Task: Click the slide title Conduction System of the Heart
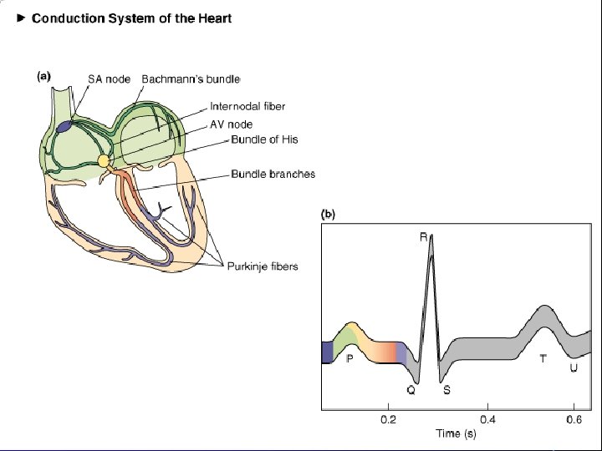(131, 18)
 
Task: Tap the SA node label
(108, 78)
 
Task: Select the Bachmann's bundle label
(191, 78)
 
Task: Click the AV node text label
(231, 124)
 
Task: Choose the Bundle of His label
(264, 139)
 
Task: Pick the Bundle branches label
(273, 175)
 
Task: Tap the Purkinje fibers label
(263, 266)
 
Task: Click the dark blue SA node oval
(65, 127)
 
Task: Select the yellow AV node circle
(104, 161)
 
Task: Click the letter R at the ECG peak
(424, 237)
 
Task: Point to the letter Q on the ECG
(411, 389)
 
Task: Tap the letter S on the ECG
(446, 389)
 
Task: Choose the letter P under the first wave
(349, 358)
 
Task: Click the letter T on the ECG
(543, 358)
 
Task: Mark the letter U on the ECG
(574, 367)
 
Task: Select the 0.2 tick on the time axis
(389, 419)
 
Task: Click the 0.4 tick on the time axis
(487, 419)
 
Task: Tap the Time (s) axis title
(457, 433)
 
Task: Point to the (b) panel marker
(329, 214)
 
